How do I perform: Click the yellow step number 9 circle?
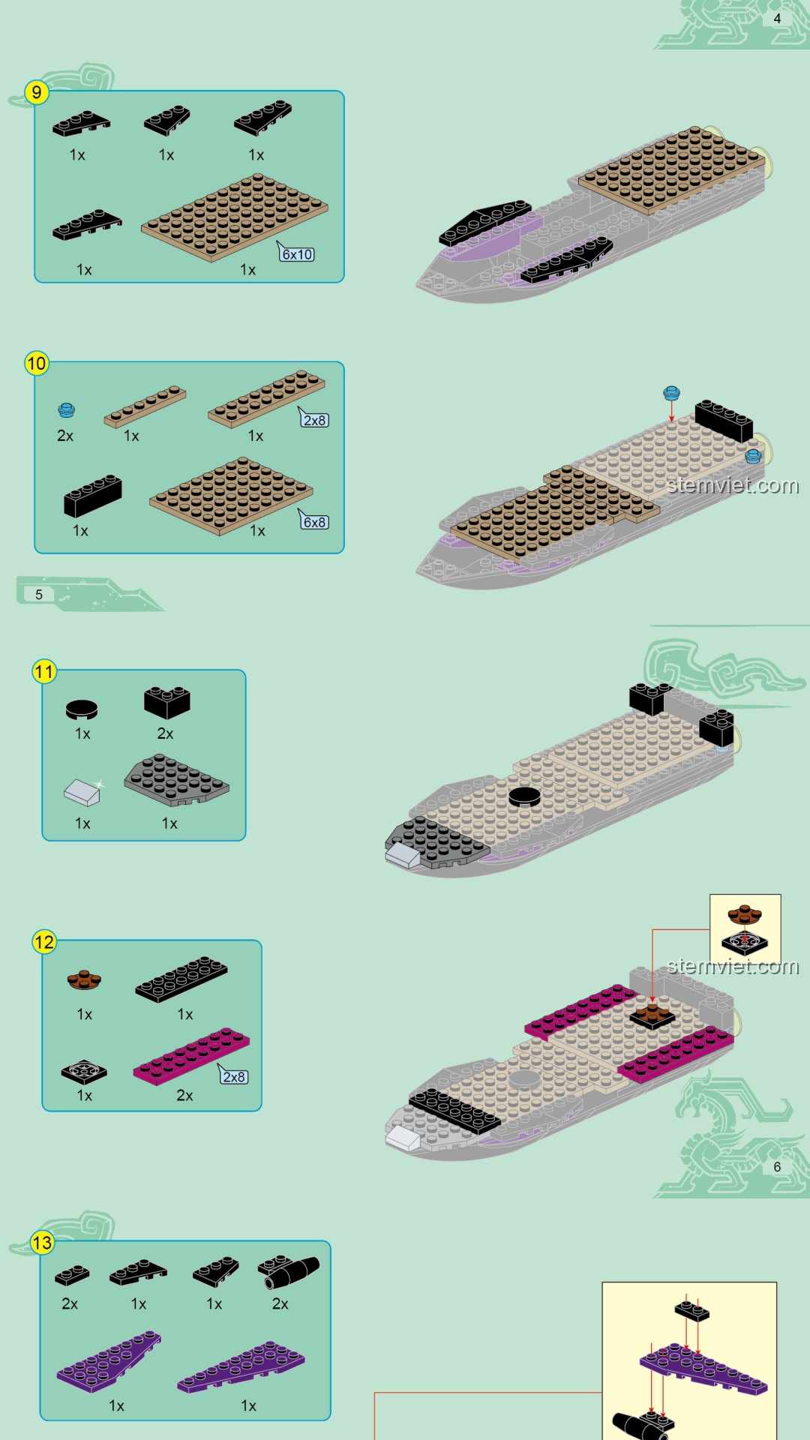click(36, 92)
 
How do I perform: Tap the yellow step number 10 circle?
click(36, 364)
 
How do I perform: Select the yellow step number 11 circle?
click(44, 671)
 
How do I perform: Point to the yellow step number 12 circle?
click(44, 942)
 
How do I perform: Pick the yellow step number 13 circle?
click(42, 1243)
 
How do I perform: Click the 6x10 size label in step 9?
click(297, 254)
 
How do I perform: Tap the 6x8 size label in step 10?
click(315, 522)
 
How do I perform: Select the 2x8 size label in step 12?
click(234, 1077)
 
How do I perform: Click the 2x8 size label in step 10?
click(315, 420)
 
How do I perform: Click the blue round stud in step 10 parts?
click(67, 409)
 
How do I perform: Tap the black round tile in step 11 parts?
click(82, 709)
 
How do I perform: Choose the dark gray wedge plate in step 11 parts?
click(177, 780)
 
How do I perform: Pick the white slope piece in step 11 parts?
click(82, 792)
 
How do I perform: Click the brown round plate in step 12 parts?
click(84, 979)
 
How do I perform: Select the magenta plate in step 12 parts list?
click(191, 1056)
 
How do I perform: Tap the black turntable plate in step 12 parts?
click(84, 1072)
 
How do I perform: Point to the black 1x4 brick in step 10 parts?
click(93, 495)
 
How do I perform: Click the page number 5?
click(39, 594)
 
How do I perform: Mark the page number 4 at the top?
click(777, 19)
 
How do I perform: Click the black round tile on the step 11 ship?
click(524, 796)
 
